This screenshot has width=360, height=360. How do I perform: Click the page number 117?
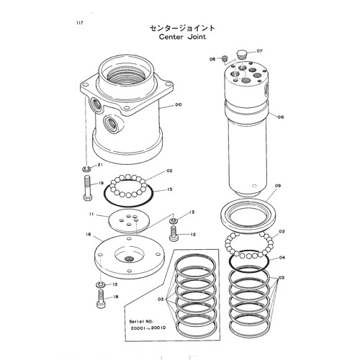[x=78, y=23]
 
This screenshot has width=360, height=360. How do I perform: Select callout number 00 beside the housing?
[x=178, y=105]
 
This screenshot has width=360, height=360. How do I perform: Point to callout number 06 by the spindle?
[x=281, y=117]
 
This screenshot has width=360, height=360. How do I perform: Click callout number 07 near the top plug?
[x=260, y=52]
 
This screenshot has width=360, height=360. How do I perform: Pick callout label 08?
[x=213, y=58]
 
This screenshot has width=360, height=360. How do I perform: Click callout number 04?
[x=282, y=257]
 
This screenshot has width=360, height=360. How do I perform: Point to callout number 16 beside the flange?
[x=88, y=235]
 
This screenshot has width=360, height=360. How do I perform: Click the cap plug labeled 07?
[x=240, y=53]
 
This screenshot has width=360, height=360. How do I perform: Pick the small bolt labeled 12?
[x=173, y=232]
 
